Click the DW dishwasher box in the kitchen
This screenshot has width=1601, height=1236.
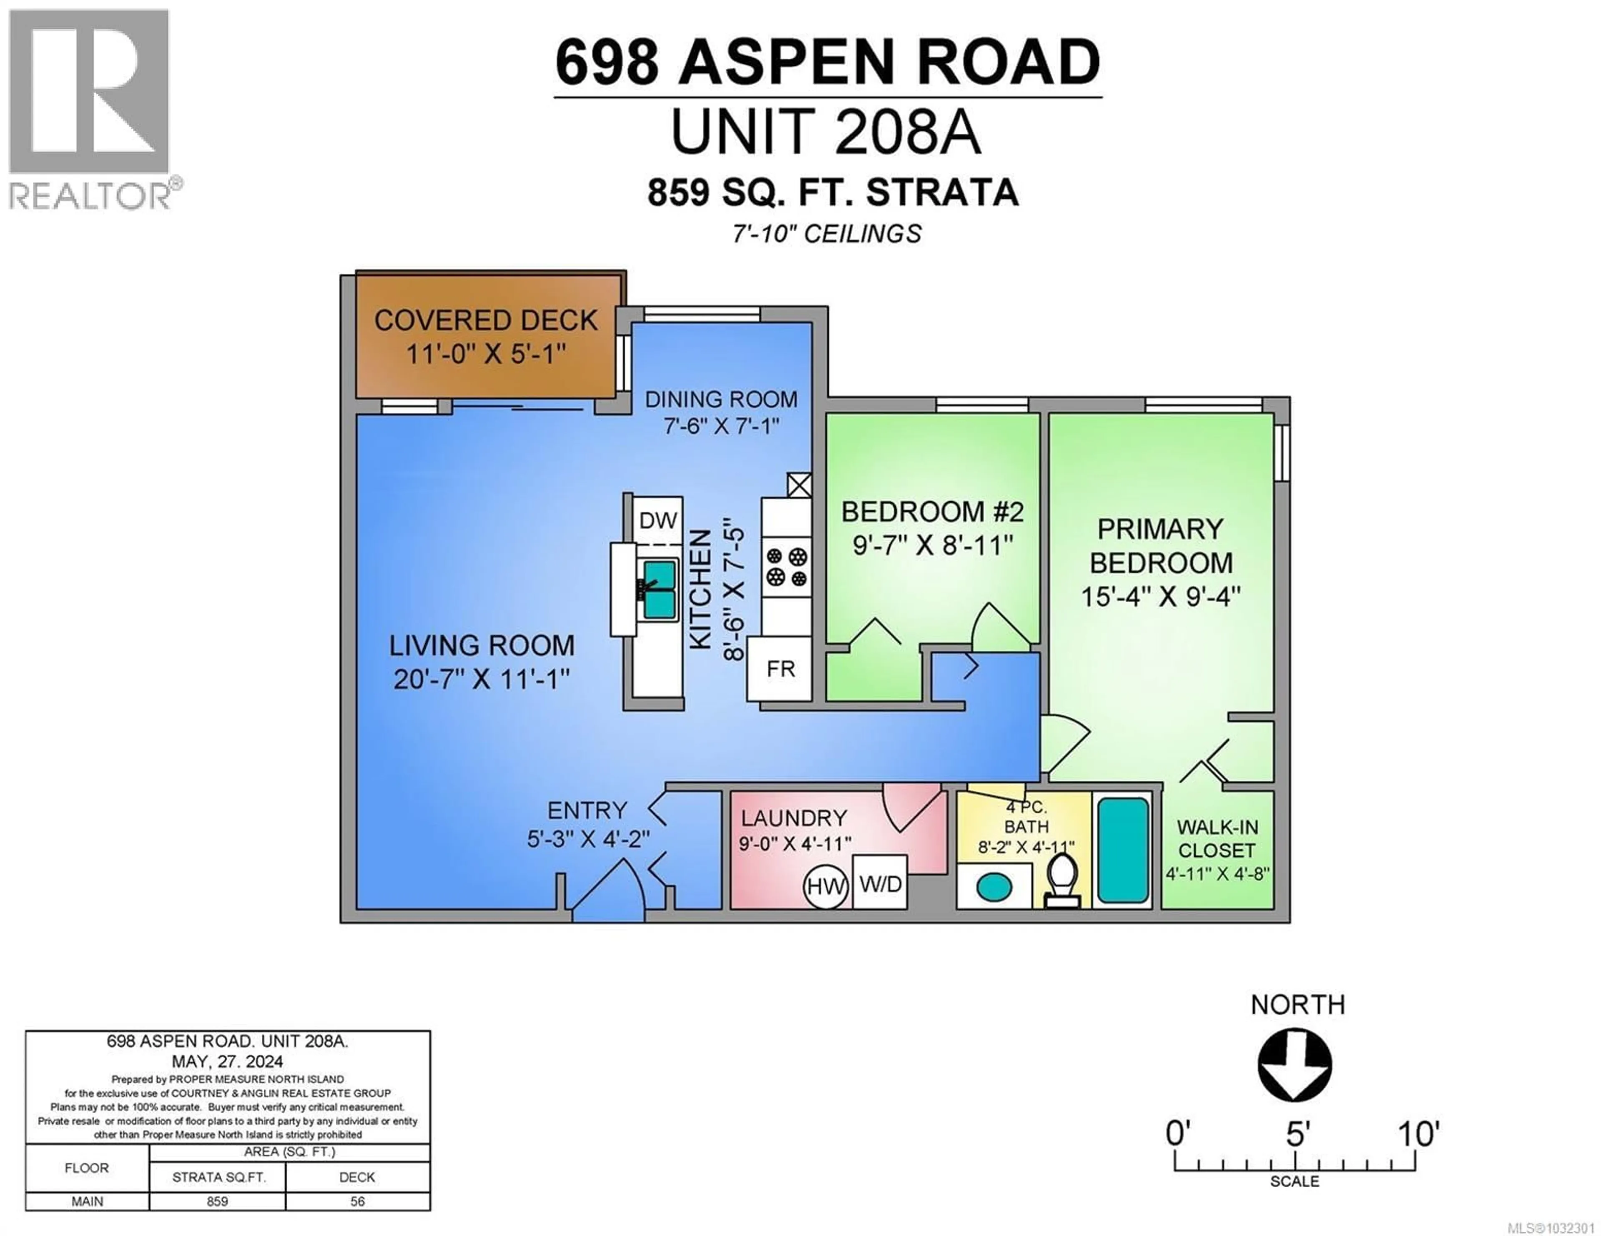tap(657, 520)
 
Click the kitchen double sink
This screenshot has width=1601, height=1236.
tap(660, 590)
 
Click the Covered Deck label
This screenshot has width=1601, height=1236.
tap(486, 321)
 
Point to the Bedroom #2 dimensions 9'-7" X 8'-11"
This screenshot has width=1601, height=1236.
tap(932, 545)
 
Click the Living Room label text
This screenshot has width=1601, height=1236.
tap(482, 645)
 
